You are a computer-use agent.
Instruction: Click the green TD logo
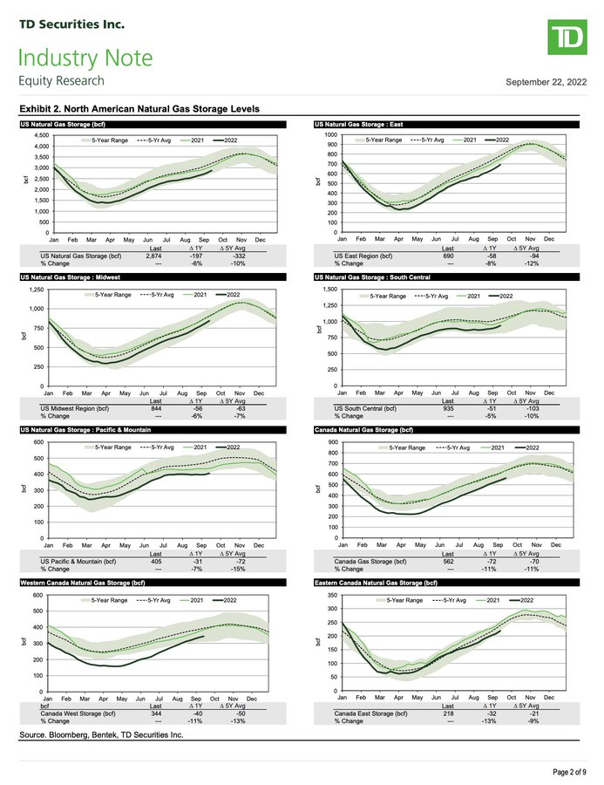(x=567, y=40)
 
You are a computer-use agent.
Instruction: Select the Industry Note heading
(x=85, y=58)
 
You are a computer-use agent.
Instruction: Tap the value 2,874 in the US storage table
(x=155, y=255)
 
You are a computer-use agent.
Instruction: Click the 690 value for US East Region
(x=449, y=255)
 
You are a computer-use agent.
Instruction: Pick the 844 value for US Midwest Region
(x=155, y=408)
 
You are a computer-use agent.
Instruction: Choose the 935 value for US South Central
(x=449, y=408)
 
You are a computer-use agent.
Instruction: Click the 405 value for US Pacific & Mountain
(x=155, y=562)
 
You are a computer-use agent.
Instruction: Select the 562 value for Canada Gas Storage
(x=449, y=562)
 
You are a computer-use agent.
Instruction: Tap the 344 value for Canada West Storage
(x=155, y=714)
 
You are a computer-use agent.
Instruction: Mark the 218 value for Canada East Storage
(x=449, y=714)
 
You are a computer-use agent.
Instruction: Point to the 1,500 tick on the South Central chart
(x=329, y=290)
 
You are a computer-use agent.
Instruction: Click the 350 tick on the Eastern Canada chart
(x=331, y=595)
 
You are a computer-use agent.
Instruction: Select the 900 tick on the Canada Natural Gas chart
(x=331, y=443)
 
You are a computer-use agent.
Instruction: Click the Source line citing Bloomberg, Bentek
(x=101, y=736)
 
